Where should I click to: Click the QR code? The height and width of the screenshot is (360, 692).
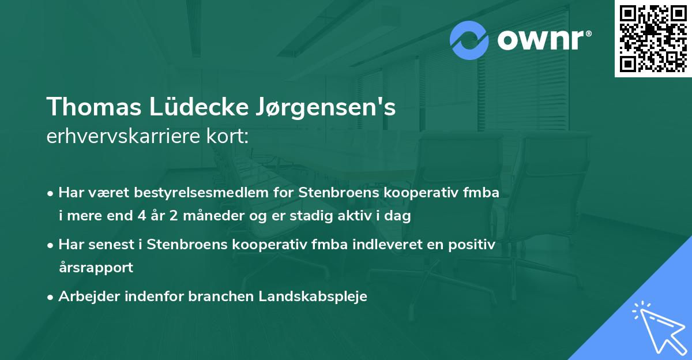click(x=653, y=38)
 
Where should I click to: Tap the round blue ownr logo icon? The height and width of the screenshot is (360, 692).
click(x=470, y=40)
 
